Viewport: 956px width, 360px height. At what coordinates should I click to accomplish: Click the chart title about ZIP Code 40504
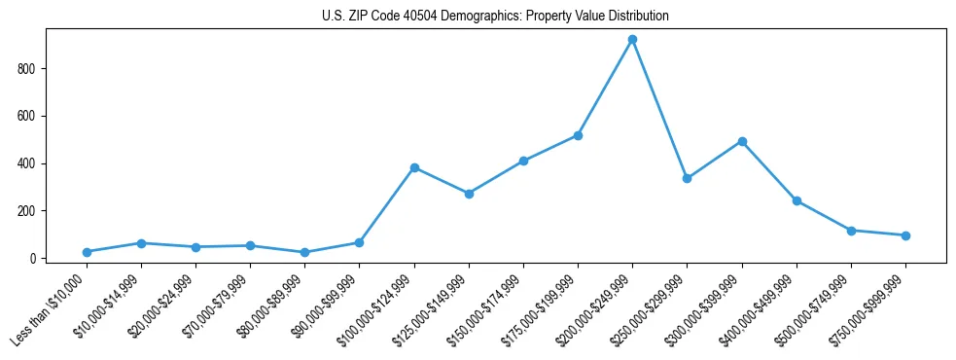(495, 17)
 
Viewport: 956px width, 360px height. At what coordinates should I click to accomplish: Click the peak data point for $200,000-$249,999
(632, 40)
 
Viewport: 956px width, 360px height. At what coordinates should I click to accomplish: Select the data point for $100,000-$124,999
(414, 167)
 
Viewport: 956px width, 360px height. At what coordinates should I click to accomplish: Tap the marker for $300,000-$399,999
(742, 141)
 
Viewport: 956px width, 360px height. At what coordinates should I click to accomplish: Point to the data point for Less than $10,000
(87, 252)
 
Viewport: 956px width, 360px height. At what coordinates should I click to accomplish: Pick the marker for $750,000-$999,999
(905, 235)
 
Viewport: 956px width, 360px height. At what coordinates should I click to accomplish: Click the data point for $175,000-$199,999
(578, 135)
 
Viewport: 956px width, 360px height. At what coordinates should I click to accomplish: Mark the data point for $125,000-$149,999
(469, 194)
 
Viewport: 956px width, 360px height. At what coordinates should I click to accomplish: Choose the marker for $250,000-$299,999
(687, 179)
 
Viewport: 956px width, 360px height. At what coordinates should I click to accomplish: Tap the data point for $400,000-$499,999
(797, 201)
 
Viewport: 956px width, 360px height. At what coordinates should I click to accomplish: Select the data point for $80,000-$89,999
(304, 253)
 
